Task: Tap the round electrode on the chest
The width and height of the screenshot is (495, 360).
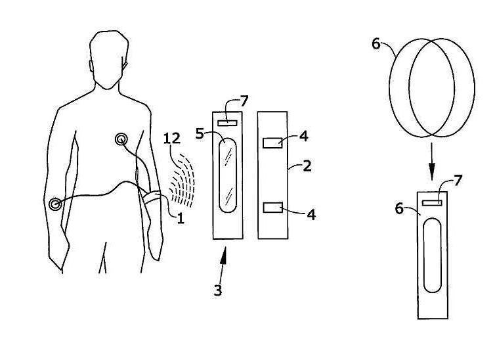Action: tap(121, 139)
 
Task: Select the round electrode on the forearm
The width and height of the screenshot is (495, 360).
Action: tap(54, 204)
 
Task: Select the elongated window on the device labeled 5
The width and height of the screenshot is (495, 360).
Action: tap(227, 176)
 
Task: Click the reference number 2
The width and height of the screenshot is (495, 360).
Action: tap(307, 165)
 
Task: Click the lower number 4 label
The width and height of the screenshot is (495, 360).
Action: tap(311, 215)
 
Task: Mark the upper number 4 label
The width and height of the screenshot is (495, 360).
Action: tap(303, 137)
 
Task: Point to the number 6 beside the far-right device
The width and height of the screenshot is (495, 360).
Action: tap(400, 208)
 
